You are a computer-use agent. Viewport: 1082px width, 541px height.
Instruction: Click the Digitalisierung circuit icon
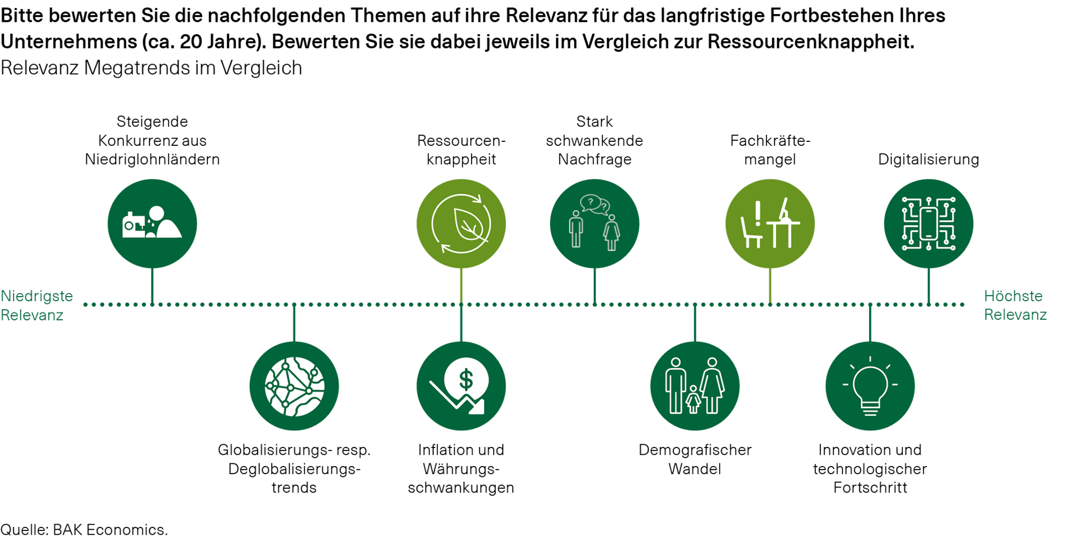[928, 223]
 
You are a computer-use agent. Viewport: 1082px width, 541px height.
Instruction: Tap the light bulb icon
[870, 386]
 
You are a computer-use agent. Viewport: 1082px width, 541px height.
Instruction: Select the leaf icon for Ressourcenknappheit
[461, 223]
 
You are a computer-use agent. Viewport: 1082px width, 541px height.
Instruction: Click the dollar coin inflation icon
[461, 386]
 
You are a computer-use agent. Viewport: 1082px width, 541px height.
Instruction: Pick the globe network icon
[294, 386]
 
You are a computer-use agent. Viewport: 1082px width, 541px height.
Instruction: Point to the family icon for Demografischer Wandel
[695, 386]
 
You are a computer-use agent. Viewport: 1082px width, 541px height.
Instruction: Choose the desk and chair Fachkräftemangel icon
[770, 223]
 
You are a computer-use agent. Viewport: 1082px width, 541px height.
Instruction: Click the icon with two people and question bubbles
[594, 223]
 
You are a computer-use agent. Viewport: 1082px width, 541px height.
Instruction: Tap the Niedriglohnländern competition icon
[152, 223]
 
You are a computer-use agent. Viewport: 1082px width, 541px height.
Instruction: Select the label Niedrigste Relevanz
[37, 305]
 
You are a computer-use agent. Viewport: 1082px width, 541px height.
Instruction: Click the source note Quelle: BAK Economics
[84, 530]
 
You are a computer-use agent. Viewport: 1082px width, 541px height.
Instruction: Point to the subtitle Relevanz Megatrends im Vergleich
[152, 68]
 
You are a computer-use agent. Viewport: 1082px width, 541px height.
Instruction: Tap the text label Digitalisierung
[929, 159]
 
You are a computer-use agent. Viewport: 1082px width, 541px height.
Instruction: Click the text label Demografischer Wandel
[695, 459]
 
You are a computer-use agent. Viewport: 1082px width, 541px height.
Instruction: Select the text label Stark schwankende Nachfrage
[594, 141]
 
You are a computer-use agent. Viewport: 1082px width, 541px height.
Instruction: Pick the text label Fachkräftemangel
[770, 150]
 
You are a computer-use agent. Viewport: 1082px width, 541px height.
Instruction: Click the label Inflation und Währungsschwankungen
[461, 468]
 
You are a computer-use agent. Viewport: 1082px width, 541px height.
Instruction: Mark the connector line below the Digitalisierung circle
[928, 286]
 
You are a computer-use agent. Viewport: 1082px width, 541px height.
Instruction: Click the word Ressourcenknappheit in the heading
[810, 42]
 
